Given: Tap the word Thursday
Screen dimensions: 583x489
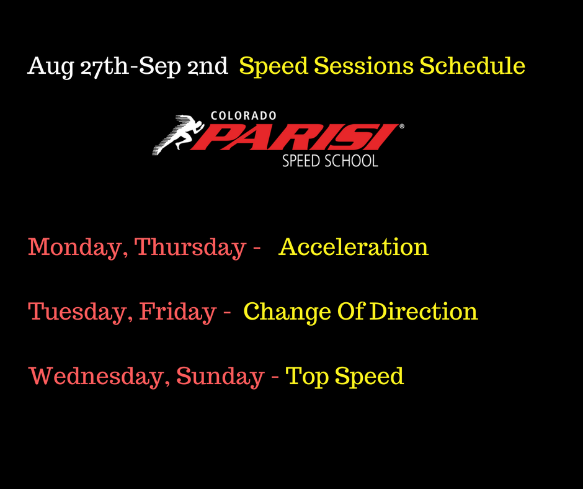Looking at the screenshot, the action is pos(190,247).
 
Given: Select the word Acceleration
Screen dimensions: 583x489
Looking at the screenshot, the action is pos(354,247).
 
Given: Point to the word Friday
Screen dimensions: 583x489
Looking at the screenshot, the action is pos(178,312).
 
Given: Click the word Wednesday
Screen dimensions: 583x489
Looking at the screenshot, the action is pos(99,376).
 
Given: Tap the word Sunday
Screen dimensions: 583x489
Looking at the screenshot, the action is pos(220,376).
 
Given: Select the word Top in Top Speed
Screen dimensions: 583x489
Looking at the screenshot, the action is pos(307,377).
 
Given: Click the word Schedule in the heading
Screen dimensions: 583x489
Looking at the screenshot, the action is pos(472,66).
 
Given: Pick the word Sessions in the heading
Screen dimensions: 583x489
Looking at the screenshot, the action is pos(363,66).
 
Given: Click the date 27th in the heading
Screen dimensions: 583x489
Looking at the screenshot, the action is pos(104,66).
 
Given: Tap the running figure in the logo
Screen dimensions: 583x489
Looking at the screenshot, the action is pos(179,134).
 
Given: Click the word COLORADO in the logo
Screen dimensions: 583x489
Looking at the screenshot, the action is pos(244,116).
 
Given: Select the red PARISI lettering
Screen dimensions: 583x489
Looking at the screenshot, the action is pos(294,137).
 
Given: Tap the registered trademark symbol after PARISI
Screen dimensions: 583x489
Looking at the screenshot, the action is pos(401,127).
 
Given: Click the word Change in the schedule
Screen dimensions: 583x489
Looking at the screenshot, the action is pos(287,312).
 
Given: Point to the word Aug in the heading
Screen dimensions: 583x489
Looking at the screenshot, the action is pos(51,67).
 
